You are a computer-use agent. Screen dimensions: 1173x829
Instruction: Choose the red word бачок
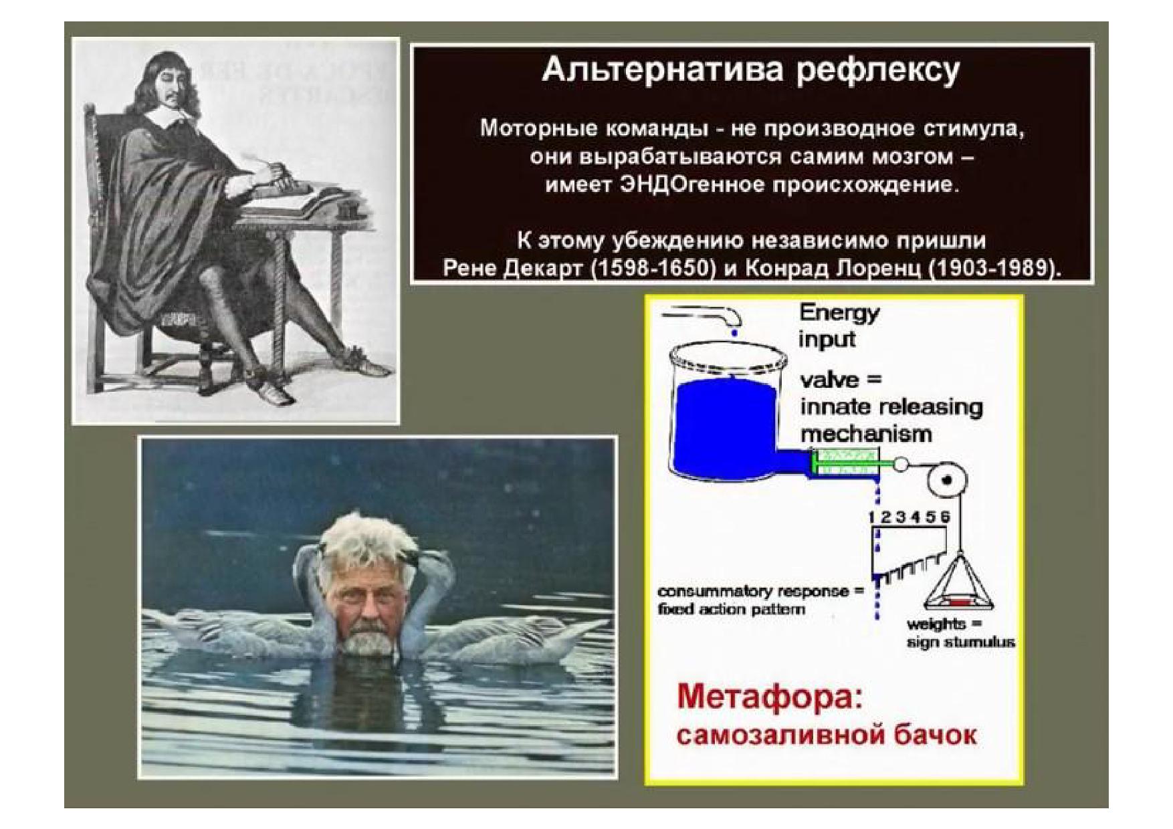pyautogui.click(x=934, y=735)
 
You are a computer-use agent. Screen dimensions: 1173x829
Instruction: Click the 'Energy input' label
pyautogui.click(x=839, y=326)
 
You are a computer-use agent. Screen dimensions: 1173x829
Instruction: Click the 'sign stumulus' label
pyautogui.click(x=960, y=642)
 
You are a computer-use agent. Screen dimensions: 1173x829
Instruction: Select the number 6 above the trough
pyautogui.click(x=944, y=517)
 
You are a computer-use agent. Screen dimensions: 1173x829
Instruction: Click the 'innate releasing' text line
pyautogui.click(x=891, y=408)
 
